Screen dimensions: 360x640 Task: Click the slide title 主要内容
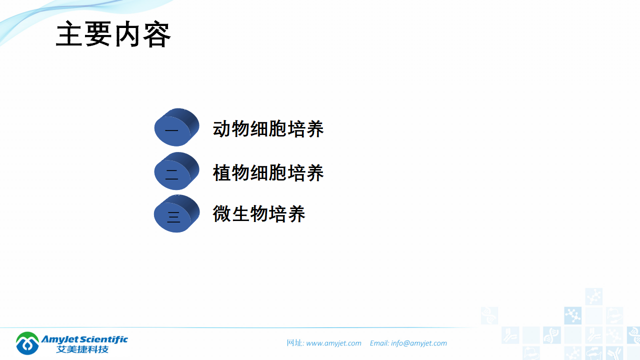[x=113, y=35]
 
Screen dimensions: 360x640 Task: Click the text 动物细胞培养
[x=268, y=129]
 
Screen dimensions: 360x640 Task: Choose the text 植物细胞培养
[x=268, y=173]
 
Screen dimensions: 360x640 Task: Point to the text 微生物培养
[x=259, y=214]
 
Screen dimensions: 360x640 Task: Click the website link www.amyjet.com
[x=333, y=343]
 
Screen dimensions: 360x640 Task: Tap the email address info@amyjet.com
[x=419, y=343]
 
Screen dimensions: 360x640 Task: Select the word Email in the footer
[x=379, y=343]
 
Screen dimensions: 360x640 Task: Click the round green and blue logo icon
[x=27, y=343]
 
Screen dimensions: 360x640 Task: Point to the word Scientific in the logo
[x=102, y=339]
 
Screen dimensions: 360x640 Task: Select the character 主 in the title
[x=69, y=35]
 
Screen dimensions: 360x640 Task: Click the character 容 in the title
[x=157, y=35]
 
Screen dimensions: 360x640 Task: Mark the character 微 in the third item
[x=222, y=214]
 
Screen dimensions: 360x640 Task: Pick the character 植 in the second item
[x=222, y=173]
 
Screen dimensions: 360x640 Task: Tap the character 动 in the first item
[x=222, y=129]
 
